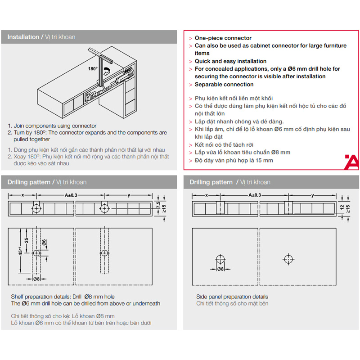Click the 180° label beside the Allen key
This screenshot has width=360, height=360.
(93, 69)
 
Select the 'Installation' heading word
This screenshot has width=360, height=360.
(23, 37)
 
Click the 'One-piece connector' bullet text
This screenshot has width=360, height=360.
(223, 38)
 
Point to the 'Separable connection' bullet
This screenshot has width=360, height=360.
(224, 85)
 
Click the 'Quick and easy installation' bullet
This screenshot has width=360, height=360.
(230, 61)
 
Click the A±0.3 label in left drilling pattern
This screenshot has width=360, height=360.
(71, 195)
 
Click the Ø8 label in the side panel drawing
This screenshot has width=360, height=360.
(220, 269)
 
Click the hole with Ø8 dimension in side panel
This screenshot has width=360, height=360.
(220, 260)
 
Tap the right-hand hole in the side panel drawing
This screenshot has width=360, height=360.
(288, 260)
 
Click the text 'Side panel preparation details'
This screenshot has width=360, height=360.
(232, 297)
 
